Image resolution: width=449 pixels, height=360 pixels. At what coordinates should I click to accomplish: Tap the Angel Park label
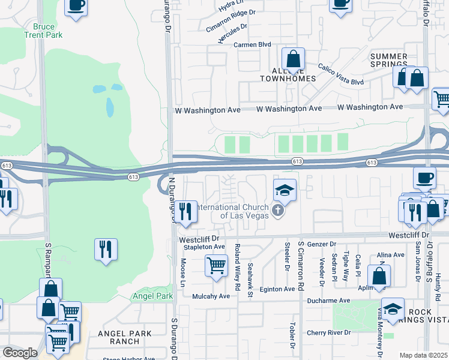click(152, 296)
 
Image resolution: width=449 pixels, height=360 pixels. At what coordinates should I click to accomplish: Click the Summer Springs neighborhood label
click(389, 60)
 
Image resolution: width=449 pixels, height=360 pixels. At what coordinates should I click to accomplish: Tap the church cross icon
click(277, 211)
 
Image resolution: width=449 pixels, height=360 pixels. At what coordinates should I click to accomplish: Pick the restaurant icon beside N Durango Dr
click(185, 211)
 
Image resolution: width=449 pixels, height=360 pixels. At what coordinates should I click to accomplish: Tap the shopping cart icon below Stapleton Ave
click(216, 264)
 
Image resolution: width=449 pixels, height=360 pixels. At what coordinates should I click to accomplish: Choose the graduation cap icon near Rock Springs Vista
click(393, 309)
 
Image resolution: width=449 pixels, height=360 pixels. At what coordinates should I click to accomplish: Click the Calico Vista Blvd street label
click(341, 74)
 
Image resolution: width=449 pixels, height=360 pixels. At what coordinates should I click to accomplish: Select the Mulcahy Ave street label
click(211, 296)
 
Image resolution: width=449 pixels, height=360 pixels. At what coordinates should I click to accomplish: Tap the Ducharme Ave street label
click(328, 301)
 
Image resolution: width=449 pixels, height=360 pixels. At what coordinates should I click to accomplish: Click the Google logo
click(20, 353)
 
